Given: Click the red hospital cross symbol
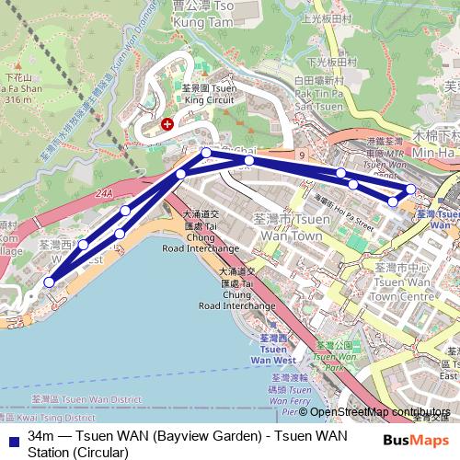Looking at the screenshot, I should (167, 122).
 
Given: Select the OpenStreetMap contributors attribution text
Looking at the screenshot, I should (382, 411).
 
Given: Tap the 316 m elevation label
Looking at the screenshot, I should (17, 98).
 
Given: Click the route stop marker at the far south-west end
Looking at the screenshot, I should (49, 282).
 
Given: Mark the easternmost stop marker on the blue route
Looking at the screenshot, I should (410, 189).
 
